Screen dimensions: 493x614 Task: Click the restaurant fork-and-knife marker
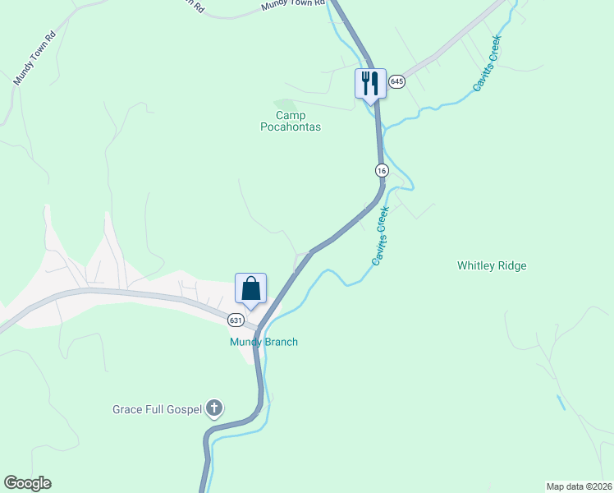click(x=369, y=83)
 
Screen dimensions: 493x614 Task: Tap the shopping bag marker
click(x=250, y=288)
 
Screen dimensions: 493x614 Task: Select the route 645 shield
click(x=397, y=81)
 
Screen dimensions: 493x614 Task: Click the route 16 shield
click(x=382, y=170)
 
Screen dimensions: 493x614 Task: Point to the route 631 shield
click(x=236, y=320)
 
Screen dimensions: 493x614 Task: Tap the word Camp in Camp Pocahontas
click(x=291, y=116)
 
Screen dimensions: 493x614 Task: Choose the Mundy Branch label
click(x=263, y=342)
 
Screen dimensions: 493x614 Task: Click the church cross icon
click(x=214, y=408)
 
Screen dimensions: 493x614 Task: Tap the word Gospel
click(x=182, y=409)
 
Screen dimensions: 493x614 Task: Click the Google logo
click(x=27, y=483)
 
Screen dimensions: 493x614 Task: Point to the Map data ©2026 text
click(x=579, y=486)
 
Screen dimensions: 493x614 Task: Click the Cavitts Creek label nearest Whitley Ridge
click(x=378, y=237)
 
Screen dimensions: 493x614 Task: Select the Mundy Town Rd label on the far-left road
click(x=34, y=58)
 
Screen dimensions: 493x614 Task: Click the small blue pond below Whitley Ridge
click(x=561, y=403)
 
